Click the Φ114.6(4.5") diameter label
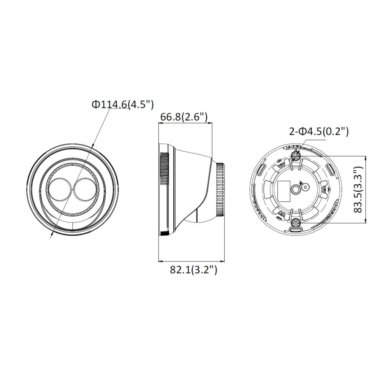pyautogui.click(x=123, y=104)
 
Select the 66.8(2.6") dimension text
pyautogui.click(x=184, y=117)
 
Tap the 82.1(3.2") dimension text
pyautogui.click(x=193, y=270)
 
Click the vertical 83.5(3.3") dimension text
pyautogui.click(x=358, y=190)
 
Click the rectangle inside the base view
pyautogui.click(x=284, y=191)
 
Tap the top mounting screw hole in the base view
pyautogui.click(x=296, y=155)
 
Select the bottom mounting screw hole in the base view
pyautogui.click(x=296, y=223)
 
